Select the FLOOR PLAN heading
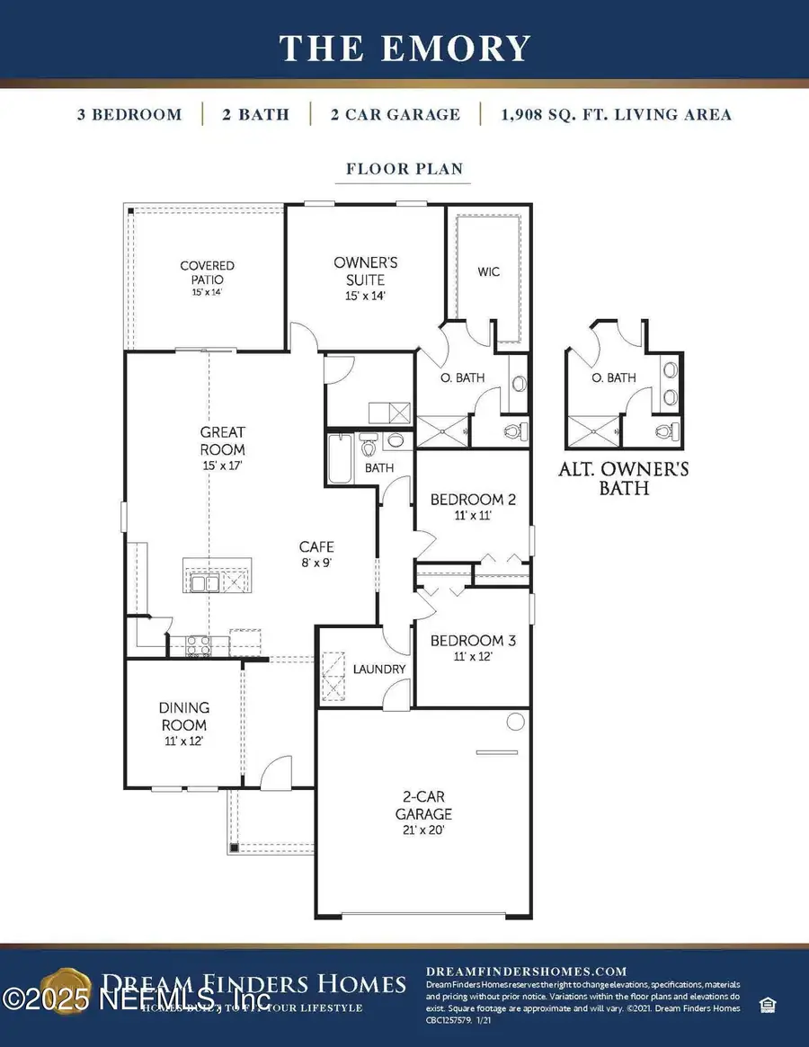tap(404, 169)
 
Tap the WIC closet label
tap(488, 271)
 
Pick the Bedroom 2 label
tap(472, 507)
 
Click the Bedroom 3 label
tap(472, 648)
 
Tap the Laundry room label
tap(378, 670)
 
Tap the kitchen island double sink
tap(205, 584)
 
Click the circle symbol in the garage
tap(516, 721)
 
